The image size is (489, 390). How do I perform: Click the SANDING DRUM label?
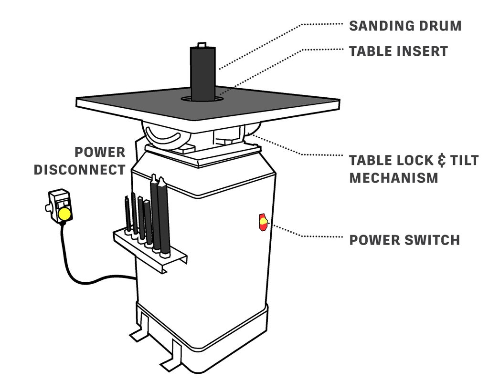pyautogui.click(x=405, y=26)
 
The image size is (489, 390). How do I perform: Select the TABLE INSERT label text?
pyautogui.click(x=398, y=51)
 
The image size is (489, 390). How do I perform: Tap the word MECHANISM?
pyautogui.click(x=393, y=178)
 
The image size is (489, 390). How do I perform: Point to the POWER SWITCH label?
pyautogui.click(x=404, y=240)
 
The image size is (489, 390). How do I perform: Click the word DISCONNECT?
pyautogui.click(x=79, y=170)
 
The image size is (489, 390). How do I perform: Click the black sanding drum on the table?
pyautogui.click(x=203, y=72)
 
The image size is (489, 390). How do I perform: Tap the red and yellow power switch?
pyautogui.click(x=263, y=222)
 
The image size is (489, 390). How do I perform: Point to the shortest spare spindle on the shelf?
pyautogui.click(x=128, y=215)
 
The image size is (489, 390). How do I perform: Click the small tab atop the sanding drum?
pyautogui.click(x=201, y=45)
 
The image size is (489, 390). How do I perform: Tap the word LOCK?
pyautogui.click(x=409, y=160)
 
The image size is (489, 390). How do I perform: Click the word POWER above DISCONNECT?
pyautogui.click(x=100, y=153)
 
